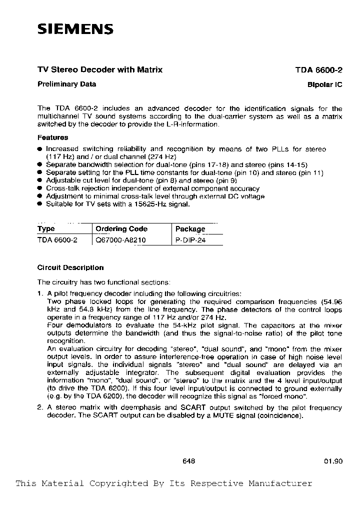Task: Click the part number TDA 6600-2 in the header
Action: click(318, 70)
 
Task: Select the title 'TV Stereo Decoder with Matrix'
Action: click(100, 70)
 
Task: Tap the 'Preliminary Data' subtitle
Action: click(67, 84)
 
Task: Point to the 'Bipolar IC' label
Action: click(324, 85)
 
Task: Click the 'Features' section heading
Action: click(53, 137)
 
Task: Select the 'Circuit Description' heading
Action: click(70, 267)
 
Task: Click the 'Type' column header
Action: click(46, 229)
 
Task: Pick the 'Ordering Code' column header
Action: click(121, 229)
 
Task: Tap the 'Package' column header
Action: click(190, 229)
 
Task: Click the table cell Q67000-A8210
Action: click(120, 240)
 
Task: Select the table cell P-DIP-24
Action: click(190, 240)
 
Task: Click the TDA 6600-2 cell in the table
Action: click(57, 240)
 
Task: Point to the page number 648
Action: click(189, 461)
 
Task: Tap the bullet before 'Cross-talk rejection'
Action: click(40, 188)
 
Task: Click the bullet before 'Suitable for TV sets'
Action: click(40, 204)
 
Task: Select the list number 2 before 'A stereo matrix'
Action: click(40, 407)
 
